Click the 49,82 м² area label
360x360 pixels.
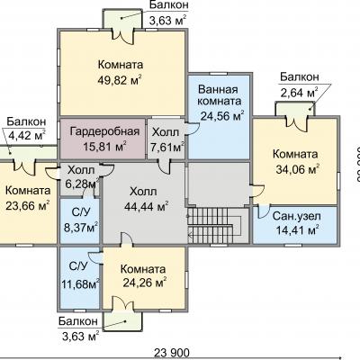click(x=120, y=80)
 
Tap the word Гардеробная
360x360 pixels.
click(x=104, y=131)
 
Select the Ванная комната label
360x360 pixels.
click(x=220, y=94)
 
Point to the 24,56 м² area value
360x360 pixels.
click(x=222, y=115)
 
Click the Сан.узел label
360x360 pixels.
click(x=297, y=216)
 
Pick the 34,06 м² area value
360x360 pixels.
click(x=297, y=170)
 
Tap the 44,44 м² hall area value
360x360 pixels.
click(x=147, y=206)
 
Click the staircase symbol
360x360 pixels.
click(x=214, y=225)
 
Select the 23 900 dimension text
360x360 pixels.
click(x=172, y=353)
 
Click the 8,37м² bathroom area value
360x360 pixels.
click(x=80, y=227)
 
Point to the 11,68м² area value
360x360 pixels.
click(x=80, y=283)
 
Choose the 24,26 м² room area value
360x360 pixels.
click(x=145, y=283)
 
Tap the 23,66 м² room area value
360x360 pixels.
click(x=28, y=206)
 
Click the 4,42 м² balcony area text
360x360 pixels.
click(x=27, y=136)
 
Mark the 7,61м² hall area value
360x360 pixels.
click(x=166, y=147)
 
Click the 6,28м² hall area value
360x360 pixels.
click(x=82, y=184)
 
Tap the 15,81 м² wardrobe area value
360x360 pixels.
click(x=104, y=147)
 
